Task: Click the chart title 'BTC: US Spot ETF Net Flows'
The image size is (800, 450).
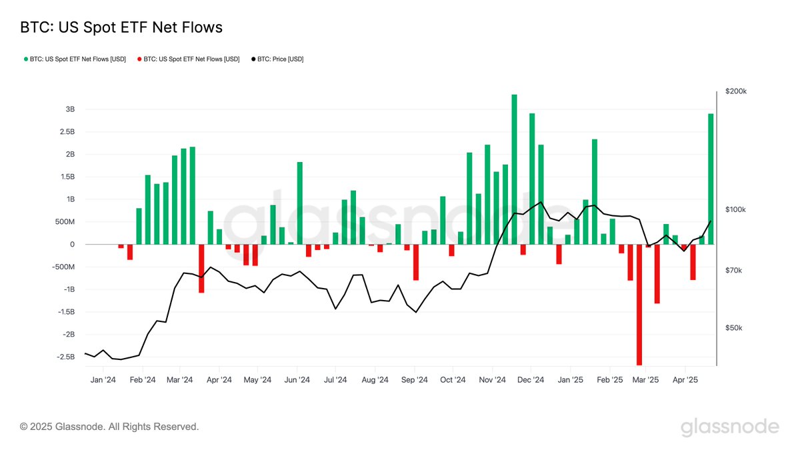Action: coord(121,27)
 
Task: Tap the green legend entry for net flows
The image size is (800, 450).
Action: coord(74,59)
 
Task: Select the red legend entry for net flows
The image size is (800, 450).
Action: coord(189,59)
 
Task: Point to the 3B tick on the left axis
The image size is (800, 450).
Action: coord(69,109)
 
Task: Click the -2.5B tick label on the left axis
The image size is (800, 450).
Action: coord(65,357)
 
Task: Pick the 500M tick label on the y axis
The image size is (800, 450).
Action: coord(65,222)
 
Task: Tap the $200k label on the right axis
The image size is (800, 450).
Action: coord(736,91)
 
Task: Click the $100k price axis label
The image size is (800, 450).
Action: coord(736,209)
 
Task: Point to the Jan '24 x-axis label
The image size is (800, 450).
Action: coord(103,380)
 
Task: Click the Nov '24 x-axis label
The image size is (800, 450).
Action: coord(492,380)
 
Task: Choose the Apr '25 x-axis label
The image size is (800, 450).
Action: coord(685,380)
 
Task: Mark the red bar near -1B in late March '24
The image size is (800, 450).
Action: coord(201,269)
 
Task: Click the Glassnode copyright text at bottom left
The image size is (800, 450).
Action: coord(109,427)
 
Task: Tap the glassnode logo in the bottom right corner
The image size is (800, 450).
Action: coord(729,427)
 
